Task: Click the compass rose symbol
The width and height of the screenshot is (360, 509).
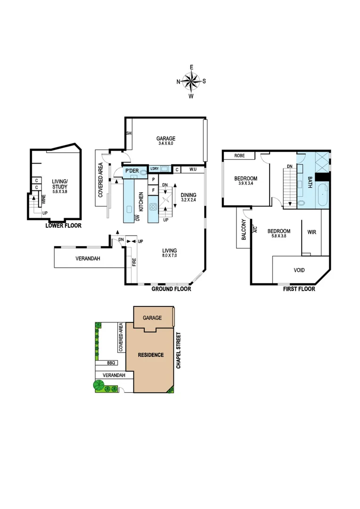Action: [191, 82]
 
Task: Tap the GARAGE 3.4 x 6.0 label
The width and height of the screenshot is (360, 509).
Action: [166, 141]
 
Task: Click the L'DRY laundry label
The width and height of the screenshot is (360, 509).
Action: [154, 169]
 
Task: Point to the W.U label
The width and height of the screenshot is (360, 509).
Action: [193, 169]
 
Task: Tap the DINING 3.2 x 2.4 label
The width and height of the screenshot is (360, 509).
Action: [188, 197]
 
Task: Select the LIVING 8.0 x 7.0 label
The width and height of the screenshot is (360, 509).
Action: [169, 253]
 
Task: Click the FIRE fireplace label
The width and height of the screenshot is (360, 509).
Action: [134, 261]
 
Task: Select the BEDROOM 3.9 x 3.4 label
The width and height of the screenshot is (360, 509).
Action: [246, 181]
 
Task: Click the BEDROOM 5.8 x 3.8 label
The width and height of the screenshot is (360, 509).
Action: [279, 234]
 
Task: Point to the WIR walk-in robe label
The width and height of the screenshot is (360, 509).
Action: [311, 232]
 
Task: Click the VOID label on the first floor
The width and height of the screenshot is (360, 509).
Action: [299, 270]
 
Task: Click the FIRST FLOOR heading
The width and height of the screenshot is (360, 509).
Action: [299, 289]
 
